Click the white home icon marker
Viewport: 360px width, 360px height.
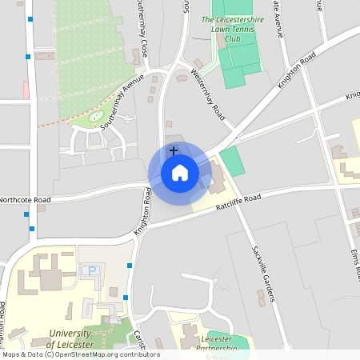(180, 173)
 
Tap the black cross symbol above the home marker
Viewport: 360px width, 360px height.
(173, 150)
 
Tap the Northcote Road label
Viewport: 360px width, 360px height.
(25, 200)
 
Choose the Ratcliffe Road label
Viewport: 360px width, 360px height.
(238, 202)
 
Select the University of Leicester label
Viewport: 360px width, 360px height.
(70, 339)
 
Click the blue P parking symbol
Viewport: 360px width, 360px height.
(92, 271)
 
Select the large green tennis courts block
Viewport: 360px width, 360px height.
(238, 60)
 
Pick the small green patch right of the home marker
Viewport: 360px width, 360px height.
(232, 161)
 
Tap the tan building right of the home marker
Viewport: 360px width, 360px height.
(216, 181)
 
